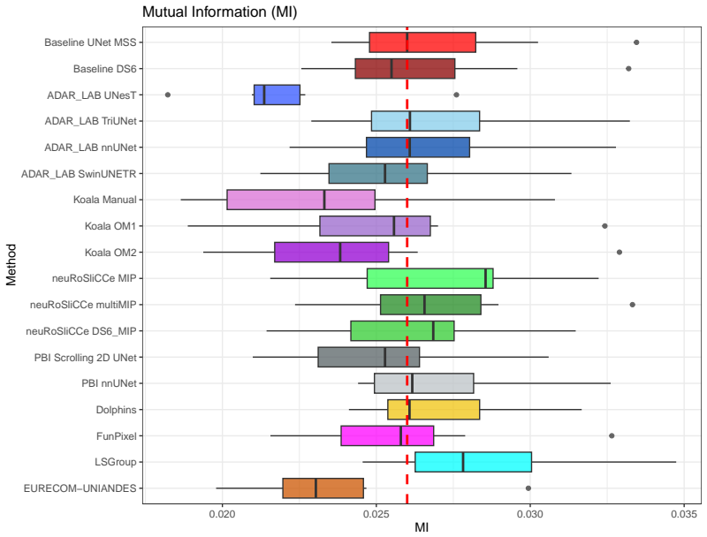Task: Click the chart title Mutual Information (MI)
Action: click(x=219, y=11)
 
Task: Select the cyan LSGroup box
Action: click(x=473, y=462)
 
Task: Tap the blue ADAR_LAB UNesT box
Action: click(x=277, y=95)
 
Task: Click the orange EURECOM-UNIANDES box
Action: click(x=323, y=488)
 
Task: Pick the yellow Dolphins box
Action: click(x=433, y=410)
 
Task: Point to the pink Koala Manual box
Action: click(x=300, y=200)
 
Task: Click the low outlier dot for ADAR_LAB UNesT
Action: click(x=168, y=95)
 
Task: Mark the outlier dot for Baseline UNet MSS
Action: click(x=636, y=42)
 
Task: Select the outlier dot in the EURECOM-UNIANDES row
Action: click(x=528, y=488)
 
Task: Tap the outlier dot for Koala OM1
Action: click(x=604, y=226)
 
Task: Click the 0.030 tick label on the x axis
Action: click(x=530, y=514)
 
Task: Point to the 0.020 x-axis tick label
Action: click(x=223, y=514)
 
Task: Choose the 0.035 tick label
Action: click(x=684, y=514)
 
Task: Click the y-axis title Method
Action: click(x=11, y=265)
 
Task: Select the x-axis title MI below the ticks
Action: click(x=422, y=527)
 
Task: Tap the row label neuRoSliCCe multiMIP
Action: click(x=83, y=305)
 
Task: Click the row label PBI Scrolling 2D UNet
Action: click(x=85, y=358)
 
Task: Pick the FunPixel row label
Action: click(x=117, y=436)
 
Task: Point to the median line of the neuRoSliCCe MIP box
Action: click(x=485, y=278)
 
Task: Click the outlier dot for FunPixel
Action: click(x=612, y=435)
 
